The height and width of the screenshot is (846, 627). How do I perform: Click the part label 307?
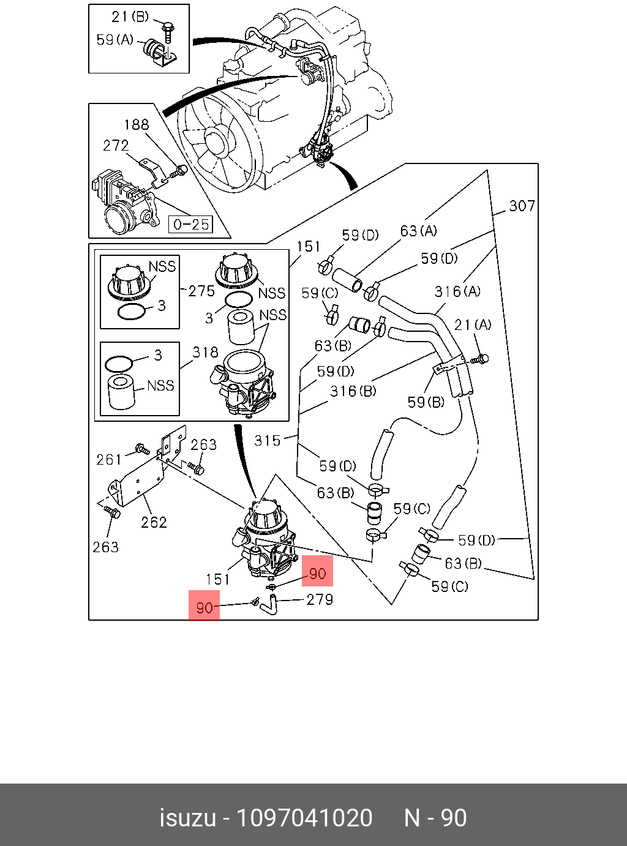522,206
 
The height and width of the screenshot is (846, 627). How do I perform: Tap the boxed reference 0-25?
191,224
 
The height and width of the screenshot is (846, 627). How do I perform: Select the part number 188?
137,125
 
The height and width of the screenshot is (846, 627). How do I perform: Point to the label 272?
116,145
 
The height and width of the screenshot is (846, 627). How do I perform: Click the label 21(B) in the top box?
130,17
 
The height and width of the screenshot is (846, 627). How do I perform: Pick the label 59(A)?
115,39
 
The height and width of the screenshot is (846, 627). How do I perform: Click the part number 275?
201,291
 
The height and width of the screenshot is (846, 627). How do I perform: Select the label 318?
205,353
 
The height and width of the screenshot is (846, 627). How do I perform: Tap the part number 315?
267,441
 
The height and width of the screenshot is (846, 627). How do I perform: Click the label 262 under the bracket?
154,522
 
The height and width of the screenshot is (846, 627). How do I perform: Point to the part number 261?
109,460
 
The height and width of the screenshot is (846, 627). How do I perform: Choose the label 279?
320,599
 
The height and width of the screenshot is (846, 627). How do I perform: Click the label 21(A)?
473,325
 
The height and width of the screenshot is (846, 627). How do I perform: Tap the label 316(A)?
457,292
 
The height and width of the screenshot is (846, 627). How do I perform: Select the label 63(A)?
419,231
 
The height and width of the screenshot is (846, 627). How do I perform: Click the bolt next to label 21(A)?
479,359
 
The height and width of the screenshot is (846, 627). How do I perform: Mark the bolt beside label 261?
143,449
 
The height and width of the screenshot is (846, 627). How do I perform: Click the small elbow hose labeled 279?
269,605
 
